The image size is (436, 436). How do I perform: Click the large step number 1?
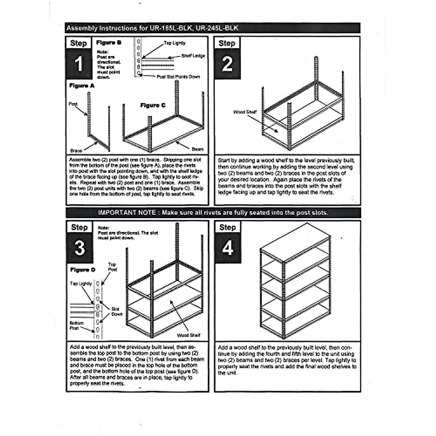pyautogui.click(x=78, y=65)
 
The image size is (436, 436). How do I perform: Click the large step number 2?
pyautogui.click(x=227, y=64)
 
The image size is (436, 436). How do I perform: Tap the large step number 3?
pyautogui.click(x=80, y=248)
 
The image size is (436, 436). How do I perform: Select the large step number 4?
pyautogui.click(x=228, y=249)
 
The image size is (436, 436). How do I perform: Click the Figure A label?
pyautogui.click(x=82, y=86)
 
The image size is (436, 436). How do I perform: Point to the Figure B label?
pyautogui.click(x=109, y=43)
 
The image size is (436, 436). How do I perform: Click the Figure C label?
pyautogui.click(x=153, y=105)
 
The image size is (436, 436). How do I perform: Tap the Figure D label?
pyautogui.click(x=83, y=270)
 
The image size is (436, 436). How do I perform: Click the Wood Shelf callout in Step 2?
pyautogui.click(x=245, y=112)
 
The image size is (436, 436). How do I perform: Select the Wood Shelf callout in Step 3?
pyautogui.click(x=189, y=335)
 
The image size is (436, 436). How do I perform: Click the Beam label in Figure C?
pyautogui.click(x=198, y=149)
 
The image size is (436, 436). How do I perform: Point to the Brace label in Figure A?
pyautogui.click(x=76, y=150)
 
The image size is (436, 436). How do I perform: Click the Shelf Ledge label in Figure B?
pyautogui.click(x=193, y=56)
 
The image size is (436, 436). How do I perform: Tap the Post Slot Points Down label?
pyautogui.click(x=178, y=77)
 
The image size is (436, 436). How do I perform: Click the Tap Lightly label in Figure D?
pyautogui.click(x=81, y=284)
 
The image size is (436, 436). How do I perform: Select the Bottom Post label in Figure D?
pyautogui.click(x=77, y=325)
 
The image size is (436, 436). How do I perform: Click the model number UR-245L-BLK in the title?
pyautogui.click(x=217, y=28)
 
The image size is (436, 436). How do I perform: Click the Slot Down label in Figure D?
pyautogui.click(x=116, y=311)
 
